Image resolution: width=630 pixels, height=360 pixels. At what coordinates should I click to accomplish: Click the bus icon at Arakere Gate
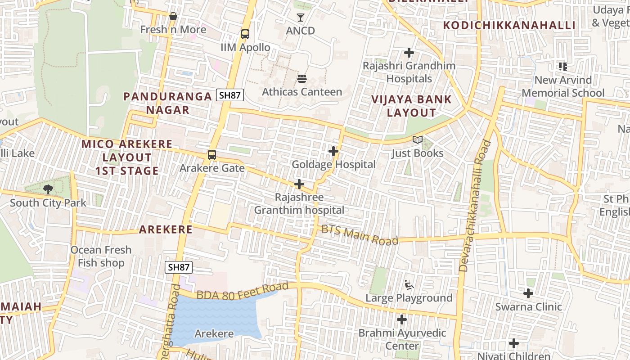tap(211, 155)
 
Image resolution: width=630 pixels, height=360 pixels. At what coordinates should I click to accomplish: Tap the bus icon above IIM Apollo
tap(245, 34)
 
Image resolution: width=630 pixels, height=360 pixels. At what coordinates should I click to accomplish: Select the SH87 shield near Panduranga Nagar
tap(230, 95)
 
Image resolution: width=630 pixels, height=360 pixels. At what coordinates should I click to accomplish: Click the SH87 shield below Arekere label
tap(179, 267)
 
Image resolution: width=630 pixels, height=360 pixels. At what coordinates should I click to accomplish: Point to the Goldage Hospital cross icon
tap(333, 151)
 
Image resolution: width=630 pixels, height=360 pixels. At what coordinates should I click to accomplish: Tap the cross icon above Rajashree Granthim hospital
tap(299, 184)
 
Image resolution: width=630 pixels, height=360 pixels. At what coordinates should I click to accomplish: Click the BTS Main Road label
tap(360, 235)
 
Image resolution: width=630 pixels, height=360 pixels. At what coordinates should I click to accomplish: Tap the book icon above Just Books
tap(418, 140)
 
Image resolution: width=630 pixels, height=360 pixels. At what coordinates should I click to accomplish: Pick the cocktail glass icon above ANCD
tap(301, 18)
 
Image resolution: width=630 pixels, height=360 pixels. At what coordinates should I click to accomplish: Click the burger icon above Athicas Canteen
tap(302, 79)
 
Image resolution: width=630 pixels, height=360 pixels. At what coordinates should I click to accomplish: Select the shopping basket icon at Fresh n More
tap(173, 17)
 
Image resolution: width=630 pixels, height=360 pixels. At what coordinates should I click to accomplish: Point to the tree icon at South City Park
tap(48, 189)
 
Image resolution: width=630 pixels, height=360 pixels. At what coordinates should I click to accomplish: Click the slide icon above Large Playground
tap(409, 285)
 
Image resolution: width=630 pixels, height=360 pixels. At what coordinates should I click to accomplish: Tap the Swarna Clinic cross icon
tap(528, 293)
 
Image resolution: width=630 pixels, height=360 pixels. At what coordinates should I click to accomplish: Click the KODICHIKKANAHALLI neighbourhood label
tap(509, 25)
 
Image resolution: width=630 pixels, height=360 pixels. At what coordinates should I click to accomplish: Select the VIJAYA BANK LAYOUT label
tap(411, 106)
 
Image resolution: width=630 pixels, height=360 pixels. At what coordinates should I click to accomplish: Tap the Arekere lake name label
tap(214, 333)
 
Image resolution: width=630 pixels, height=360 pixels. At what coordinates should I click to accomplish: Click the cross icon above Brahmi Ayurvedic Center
tap(402, 319)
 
